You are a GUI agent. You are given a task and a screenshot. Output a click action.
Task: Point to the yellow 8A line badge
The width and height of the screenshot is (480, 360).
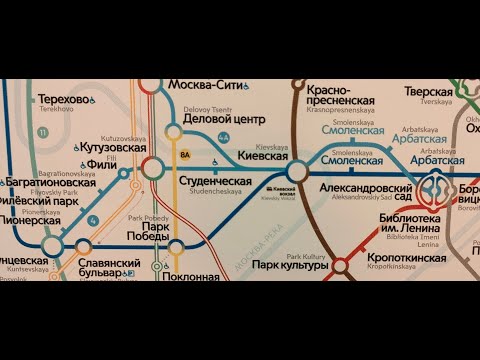[x=184, y=155]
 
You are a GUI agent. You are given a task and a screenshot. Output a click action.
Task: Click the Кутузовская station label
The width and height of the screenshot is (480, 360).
[x=112, y=147]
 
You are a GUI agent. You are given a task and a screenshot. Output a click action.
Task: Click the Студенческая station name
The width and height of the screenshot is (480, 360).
[x=215, y=181]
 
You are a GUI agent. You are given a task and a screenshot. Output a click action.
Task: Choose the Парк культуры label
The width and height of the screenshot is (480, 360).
[x=290, y=265]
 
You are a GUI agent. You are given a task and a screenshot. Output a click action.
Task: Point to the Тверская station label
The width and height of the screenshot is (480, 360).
[x=428, y=92]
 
